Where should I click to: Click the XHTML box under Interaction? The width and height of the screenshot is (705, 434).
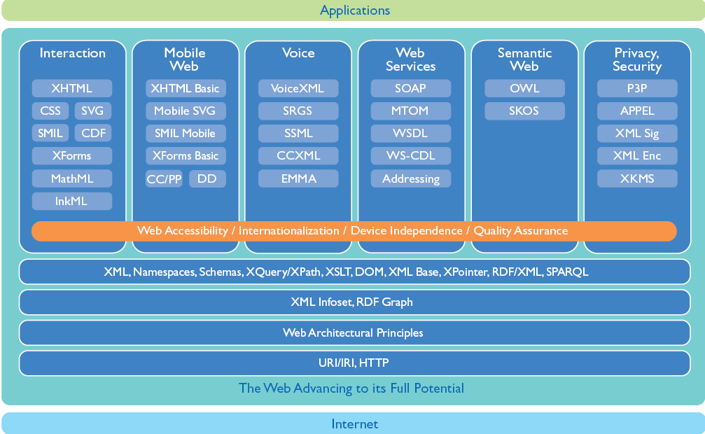click(71, 88)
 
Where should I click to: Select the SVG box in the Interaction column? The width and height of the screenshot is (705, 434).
click(92, 111)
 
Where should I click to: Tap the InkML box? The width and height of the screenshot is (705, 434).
click(71, 201)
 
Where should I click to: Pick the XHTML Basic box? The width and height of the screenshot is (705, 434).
click(186, 88)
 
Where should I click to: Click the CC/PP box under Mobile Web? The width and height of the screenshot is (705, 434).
click(164, 179)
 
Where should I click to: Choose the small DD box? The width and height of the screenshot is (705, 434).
click(207, 179)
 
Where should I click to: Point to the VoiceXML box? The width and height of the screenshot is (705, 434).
click(298, 88)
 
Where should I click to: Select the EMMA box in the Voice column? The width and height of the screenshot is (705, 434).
click(298, 178)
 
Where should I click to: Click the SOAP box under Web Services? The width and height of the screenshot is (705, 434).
click(411, 88)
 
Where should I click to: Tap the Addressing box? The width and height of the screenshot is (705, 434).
click(411, 178)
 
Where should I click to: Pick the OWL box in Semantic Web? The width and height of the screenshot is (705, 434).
click(524, 88)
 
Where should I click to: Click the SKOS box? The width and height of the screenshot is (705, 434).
click(524, 111)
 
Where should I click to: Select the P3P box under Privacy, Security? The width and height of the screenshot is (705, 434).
click(637, 88)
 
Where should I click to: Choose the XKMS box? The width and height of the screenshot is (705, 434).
click(637, 178)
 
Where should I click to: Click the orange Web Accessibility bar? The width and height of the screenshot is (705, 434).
click(353, 230)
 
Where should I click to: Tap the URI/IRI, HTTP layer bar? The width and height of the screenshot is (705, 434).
click(354, 363)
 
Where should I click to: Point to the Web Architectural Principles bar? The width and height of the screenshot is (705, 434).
click(354, 332)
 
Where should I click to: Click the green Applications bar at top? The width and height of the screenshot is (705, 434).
click(354, 10)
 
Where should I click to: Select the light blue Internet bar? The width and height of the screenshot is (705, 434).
click(354, 423)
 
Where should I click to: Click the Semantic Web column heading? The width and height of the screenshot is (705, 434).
click(524, 59)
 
